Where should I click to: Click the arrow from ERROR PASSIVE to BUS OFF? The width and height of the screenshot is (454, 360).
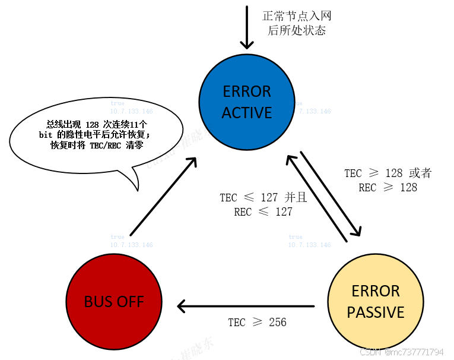[246, 307]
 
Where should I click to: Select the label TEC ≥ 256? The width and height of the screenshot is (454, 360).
[257, 323]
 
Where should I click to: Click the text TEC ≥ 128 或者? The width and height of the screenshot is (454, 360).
[388, 173]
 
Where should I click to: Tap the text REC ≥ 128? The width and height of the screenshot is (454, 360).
[388, 188]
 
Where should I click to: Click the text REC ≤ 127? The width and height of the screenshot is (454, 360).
[263, 212]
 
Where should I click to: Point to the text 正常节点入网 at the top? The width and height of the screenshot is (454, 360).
[296, 15]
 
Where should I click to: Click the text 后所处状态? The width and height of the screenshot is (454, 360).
[296, 30]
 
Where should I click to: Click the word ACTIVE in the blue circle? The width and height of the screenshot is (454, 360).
[247, 113]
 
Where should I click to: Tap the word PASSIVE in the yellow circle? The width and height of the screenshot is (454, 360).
[375, 312]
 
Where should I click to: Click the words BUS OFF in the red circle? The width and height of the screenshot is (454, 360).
[114, 302]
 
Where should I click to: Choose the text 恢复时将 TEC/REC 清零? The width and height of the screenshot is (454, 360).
[97, 146]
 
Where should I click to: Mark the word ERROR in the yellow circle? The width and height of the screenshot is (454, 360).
[375, 292]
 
